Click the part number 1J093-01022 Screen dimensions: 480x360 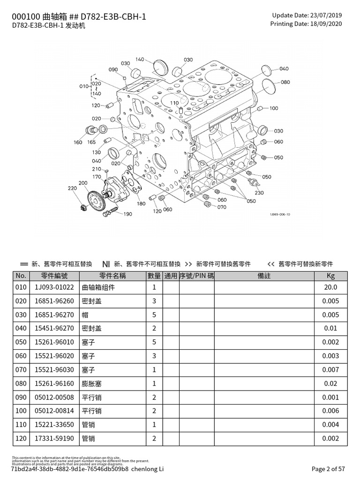pyautogui.click(x=54, y=287)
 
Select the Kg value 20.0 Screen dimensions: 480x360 pyautogui.click(x=330, y=287)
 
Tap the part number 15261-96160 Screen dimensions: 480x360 pyautogui.click(x=54, y=383)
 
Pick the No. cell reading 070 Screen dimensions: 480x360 pyautogui.click(x=21, y=370)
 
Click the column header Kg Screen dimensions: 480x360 pyautogui.click(x=330, y=276)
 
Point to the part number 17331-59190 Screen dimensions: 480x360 pyautogui.click(x=54, y=439)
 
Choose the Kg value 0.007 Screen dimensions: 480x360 pyautogui.click(x=330, y=370)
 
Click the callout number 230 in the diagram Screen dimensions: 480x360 pyautogui.click(x=259, y=193)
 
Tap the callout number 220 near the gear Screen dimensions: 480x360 pyautogui.click(x=72, y=188)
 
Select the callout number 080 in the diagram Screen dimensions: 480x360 pyautogui.click(x=285, y=82)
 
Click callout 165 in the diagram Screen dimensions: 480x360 pyautogui.click(x=91, y=142)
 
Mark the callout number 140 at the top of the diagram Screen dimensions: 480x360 pyautogui.click(x=140, y=60)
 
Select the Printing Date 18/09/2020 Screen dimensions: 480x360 pyautogui.click(x=325, y=23)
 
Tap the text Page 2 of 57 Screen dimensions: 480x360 pyautogui.click(x=328, y=468)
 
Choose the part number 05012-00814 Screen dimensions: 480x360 pyautogui.click(x=54, y=411)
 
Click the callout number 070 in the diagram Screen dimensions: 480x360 pyautogui.click(x=221, y=207)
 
